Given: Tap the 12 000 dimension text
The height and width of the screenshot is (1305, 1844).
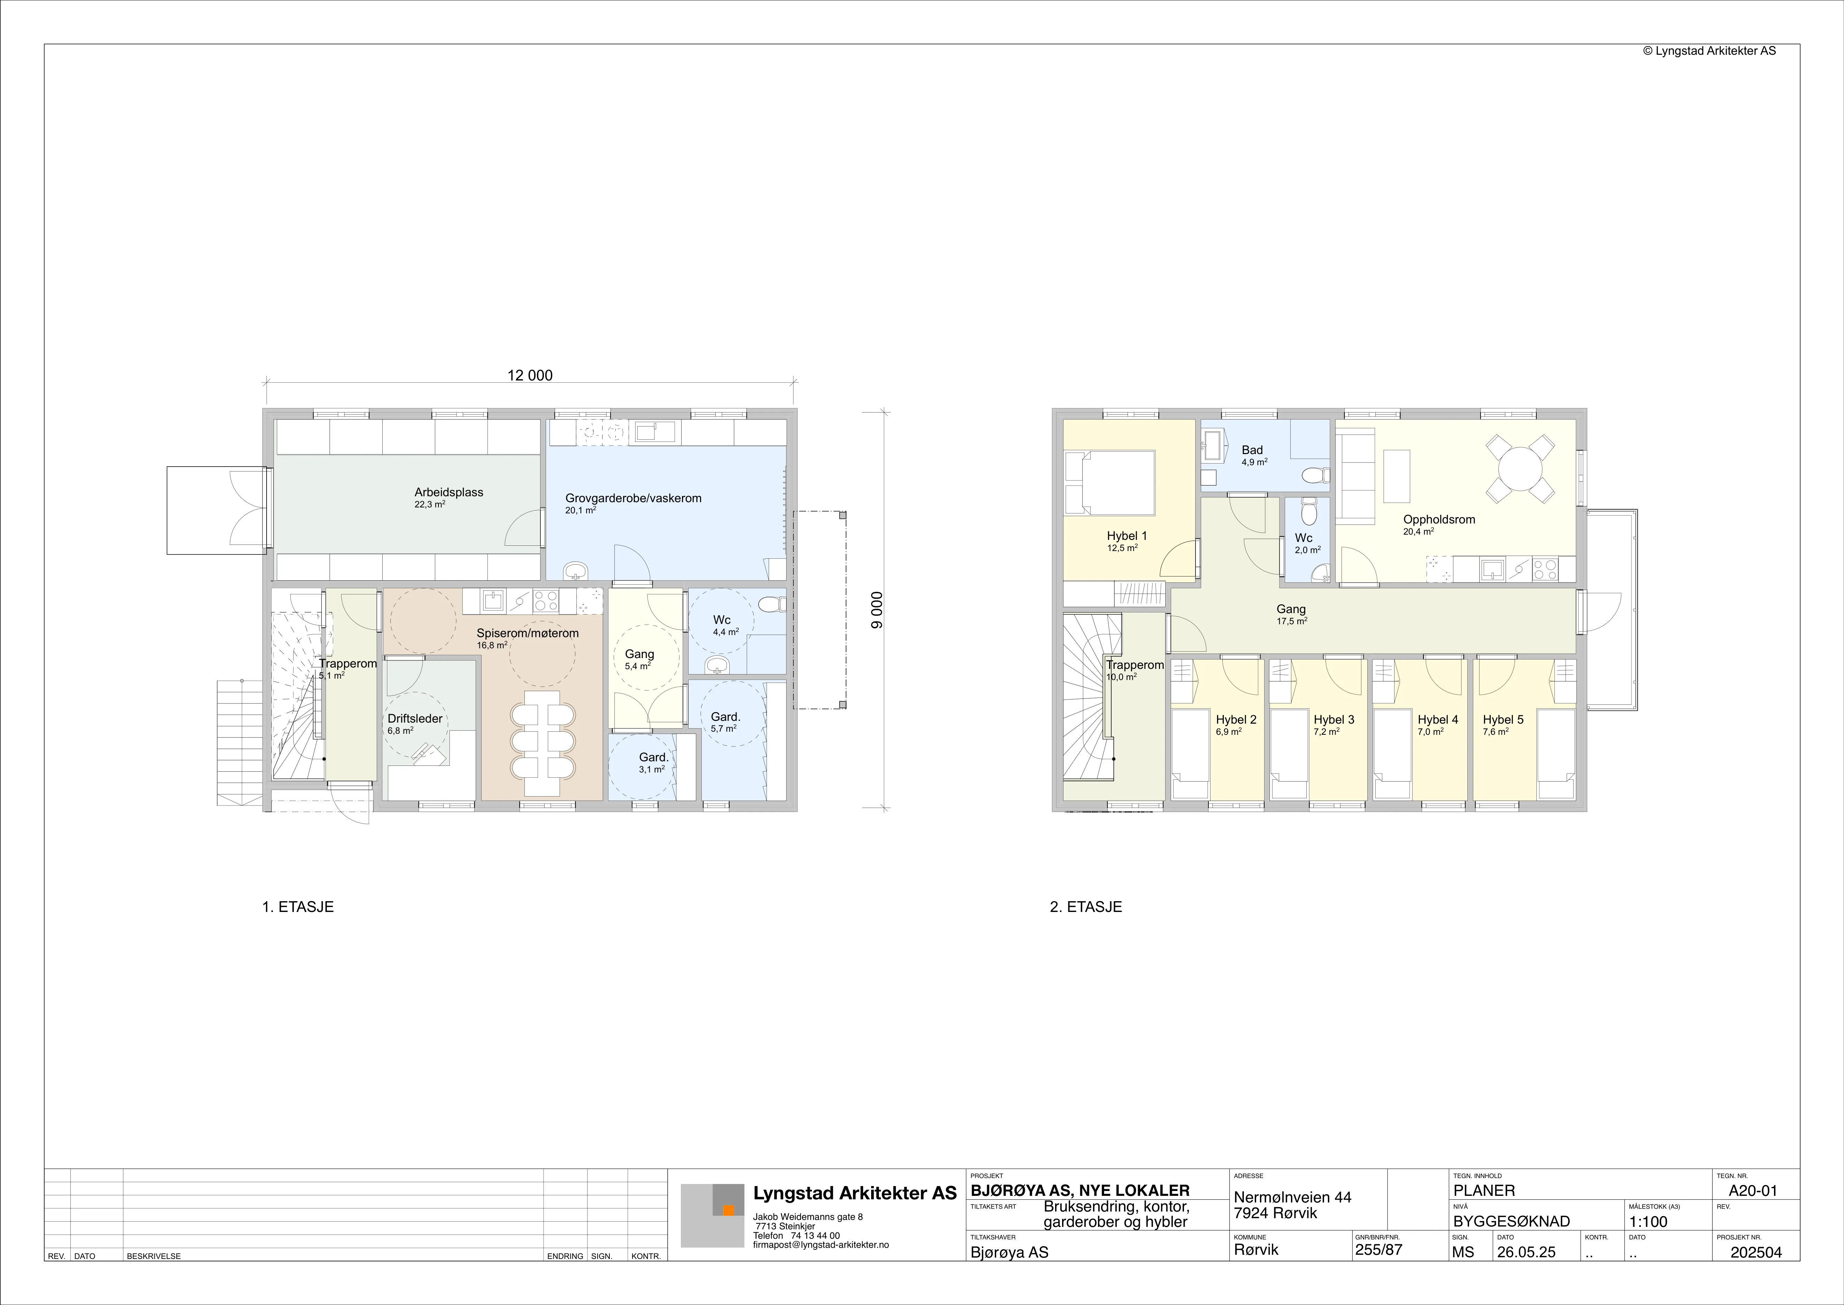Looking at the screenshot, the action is click(530, 375).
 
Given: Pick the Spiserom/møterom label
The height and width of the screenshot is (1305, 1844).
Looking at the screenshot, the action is click(528, 633).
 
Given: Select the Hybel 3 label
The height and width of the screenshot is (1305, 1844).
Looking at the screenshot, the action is click(1334, 719).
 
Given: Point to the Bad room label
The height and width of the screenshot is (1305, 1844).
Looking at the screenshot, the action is click(1252, 450).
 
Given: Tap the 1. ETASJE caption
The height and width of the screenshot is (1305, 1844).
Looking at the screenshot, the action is click(298, 907).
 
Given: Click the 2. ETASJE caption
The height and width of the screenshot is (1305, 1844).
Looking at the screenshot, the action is click(1086, 907).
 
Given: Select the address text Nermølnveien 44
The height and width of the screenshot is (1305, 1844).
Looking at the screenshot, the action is click(1292, 1197).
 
